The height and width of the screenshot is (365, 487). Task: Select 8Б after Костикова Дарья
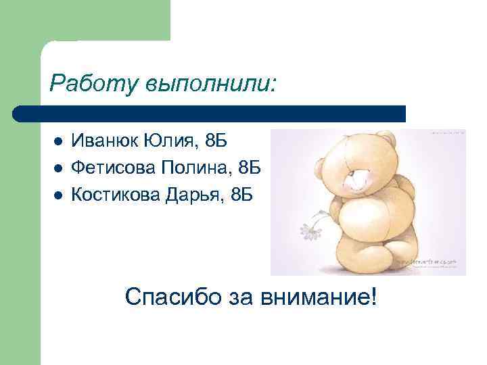(241, 194)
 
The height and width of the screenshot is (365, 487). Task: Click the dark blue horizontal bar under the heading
(210, 113)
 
